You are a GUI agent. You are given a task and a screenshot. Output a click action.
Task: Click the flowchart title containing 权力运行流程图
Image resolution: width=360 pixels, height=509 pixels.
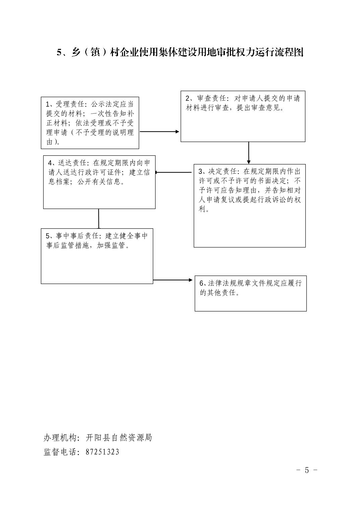tap(180, 52)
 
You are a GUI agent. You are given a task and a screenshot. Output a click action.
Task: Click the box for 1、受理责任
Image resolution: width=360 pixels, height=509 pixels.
tap(90, 123)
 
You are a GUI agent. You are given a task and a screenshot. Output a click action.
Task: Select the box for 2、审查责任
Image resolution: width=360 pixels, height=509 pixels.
tap(243, 116)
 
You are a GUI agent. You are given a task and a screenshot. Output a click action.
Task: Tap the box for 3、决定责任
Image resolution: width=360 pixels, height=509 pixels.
tap(249, 206)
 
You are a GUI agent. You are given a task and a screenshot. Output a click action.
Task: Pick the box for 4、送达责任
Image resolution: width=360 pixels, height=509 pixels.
tap(99, 182)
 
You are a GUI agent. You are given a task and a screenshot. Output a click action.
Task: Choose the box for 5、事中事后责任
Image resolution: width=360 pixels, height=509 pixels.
tap(97, 256)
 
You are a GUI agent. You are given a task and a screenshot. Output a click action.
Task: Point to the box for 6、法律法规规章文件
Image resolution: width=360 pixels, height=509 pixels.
tap(251, 293)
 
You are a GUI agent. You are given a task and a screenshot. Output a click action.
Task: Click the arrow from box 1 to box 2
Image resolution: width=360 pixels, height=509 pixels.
tap(160, 132)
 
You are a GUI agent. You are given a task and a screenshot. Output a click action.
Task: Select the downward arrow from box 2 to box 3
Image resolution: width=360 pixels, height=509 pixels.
tap(249, 153)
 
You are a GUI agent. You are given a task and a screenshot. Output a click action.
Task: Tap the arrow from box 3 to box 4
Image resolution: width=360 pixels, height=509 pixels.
tap(174, 172)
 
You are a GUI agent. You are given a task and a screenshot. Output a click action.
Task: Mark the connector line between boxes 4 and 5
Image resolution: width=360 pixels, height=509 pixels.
tap(99, 219)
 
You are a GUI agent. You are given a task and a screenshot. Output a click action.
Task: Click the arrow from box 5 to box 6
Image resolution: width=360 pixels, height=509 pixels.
tap(173, 280)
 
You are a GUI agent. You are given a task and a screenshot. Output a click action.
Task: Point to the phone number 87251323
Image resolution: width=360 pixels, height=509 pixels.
tap(102, 452)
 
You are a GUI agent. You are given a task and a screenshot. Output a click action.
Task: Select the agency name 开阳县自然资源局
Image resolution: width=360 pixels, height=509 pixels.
tap(119, 438)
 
